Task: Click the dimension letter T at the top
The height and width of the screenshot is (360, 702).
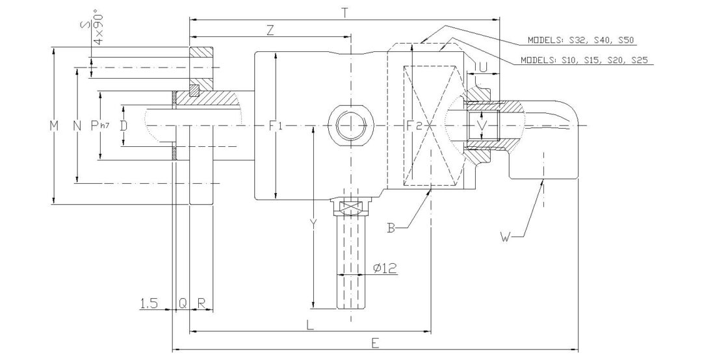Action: point(344,12)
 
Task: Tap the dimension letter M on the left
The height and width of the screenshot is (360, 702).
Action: point(55,125)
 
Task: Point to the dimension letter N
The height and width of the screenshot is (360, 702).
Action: point(77,125)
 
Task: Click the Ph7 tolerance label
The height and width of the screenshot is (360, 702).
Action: point(99,125)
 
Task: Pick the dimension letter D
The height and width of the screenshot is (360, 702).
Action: point(123,125)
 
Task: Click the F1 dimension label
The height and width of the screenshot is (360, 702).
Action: point(276,125)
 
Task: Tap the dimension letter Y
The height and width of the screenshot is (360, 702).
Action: point(313,224)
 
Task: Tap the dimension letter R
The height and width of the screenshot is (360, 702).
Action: point(201,303)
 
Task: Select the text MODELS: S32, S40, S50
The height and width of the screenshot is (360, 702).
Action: point(580,40)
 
